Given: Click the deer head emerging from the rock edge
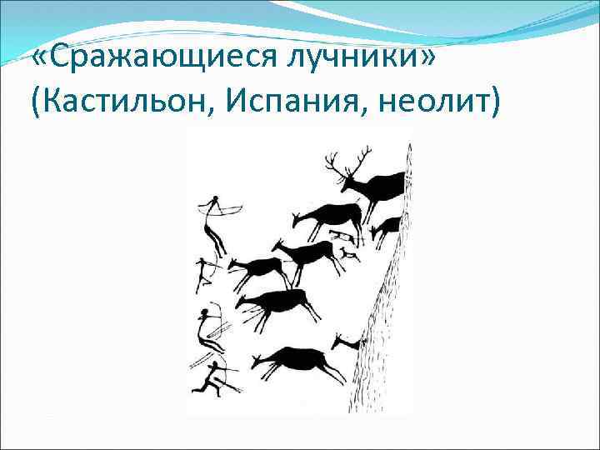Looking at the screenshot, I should [344, 341].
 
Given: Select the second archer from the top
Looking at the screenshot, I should [205, 272].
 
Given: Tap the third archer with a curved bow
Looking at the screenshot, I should [207, 327].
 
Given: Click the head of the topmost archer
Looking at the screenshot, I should [216, 200].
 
